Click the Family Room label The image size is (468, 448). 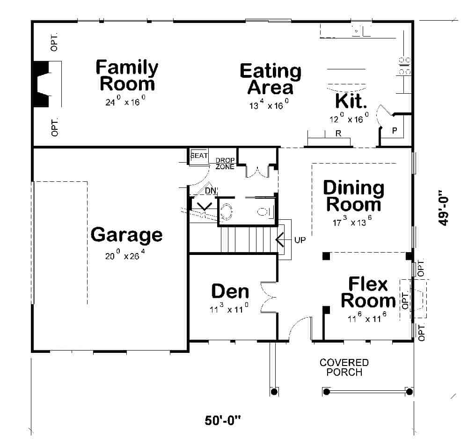[126, 75]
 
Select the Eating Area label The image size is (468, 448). [271, 79]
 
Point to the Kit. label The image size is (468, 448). [351, 101]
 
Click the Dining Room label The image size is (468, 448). [354, 196]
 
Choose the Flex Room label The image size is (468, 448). [368, 292]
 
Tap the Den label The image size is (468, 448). [230, 291]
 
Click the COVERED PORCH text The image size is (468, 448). [344, 367]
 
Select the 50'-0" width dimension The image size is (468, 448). [222, 420]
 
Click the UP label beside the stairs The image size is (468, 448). [300, 240]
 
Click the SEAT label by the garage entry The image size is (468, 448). [199, 156]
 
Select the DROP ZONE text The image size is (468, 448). [225, 163]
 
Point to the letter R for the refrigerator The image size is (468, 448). [337, 134]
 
